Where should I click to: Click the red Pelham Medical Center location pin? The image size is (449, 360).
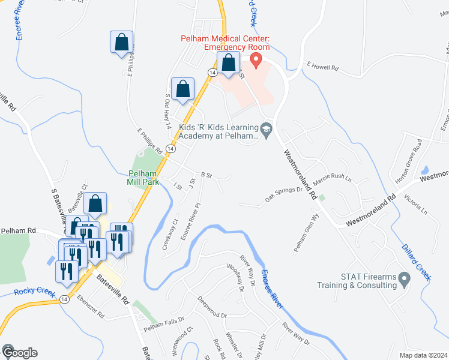[x=256, y=60]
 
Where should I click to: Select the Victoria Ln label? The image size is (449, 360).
[x=415, y=204]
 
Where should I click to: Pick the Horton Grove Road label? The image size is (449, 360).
[x=409, y=162]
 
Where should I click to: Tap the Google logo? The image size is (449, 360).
[x=19, y=353]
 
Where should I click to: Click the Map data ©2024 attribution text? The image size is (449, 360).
[x=423, y=355]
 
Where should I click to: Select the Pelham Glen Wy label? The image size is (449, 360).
[x=304, y=235]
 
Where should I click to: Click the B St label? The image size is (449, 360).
[x=207, y=175]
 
